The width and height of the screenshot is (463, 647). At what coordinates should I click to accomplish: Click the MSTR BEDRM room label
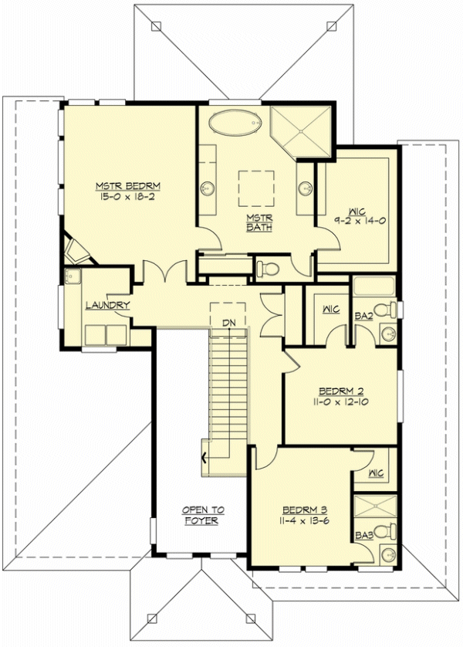[128, 186]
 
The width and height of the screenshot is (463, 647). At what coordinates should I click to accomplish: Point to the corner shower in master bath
[301, 129]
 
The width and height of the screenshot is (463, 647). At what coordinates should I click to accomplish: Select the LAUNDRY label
[107, 306]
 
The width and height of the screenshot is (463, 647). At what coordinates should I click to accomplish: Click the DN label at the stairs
[228, 321]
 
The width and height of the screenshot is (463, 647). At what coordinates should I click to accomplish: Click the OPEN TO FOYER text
[203, 515]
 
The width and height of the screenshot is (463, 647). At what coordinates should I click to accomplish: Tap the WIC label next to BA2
[330, 310]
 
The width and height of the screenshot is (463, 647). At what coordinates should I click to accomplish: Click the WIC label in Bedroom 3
[377, 473]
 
